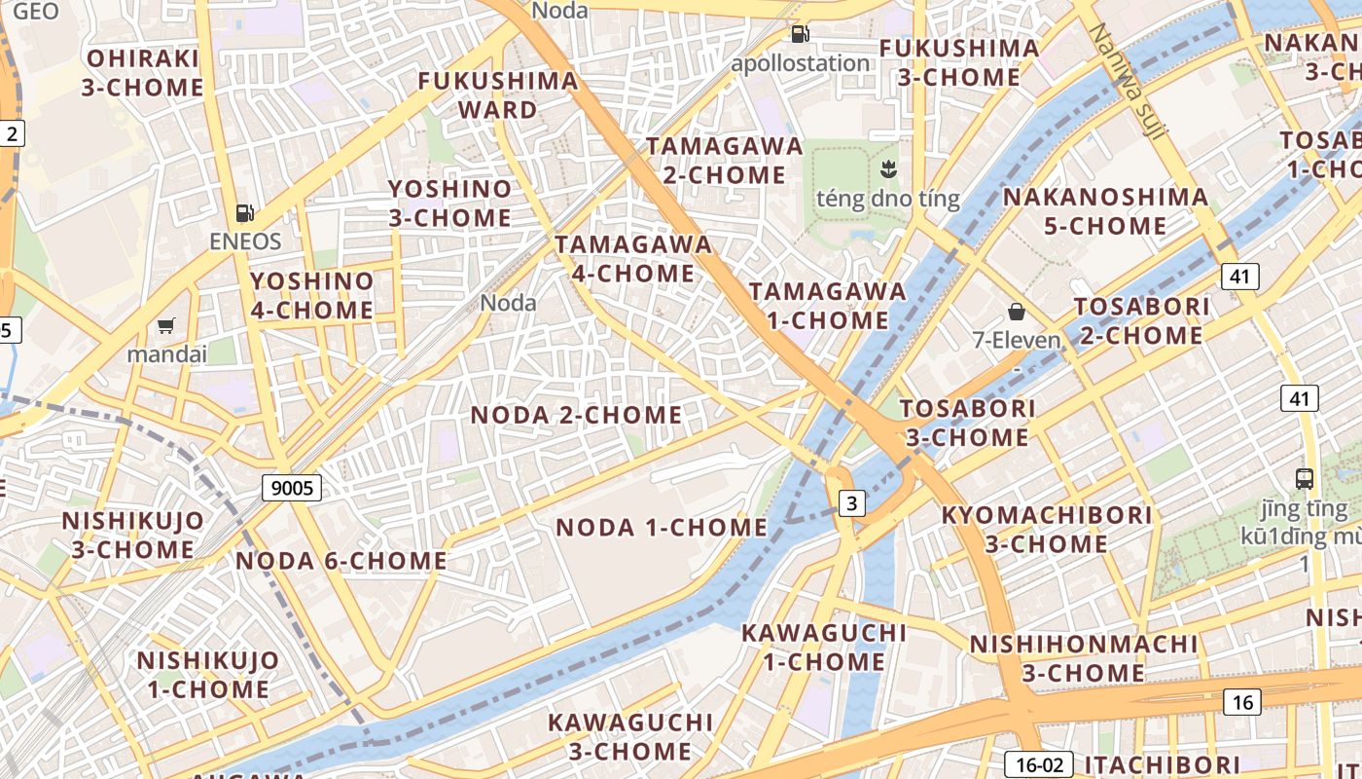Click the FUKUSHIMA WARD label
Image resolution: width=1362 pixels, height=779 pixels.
tap(498, 95)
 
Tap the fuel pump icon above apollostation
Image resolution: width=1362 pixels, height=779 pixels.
tap(800, 34)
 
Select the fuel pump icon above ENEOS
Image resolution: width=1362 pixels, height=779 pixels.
tap(245, 212)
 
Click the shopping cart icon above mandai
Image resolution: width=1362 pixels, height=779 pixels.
tap(166, 325)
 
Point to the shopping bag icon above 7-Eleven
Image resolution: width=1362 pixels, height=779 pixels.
tap(1017, 312)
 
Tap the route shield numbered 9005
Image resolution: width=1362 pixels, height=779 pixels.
tap(292, 488)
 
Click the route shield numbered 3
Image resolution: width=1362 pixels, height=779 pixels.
tap(852, 503)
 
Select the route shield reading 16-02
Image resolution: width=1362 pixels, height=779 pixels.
tap(1039, 764)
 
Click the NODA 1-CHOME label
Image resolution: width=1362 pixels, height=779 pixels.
tap(662, 528)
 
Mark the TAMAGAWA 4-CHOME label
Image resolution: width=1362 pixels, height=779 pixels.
tap(633, 259)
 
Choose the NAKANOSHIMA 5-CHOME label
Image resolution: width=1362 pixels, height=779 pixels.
tap(1105, 211)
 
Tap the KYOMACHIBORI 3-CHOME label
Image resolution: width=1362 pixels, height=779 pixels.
tap(1046, 529)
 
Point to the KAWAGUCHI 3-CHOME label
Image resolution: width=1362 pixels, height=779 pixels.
tap(629, 737)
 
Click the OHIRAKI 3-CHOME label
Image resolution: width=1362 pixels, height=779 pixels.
tap(143, 73)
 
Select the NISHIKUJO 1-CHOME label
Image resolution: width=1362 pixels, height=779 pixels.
tap(207, 675)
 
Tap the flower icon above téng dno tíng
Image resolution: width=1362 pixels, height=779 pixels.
tap(886, 170)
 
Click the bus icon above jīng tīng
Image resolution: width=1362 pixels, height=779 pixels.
tap(1305, 478)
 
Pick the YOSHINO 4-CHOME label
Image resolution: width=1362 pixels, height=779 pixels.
tap(311, 296)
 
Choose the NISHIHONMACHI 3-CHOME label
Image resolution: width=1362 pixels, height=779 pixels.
tap(1083, 658)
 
